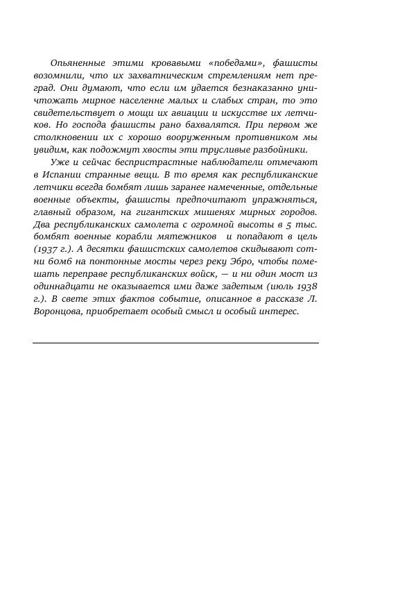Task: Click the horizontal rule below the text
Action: pyautogui.click(x=175, y=343)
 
